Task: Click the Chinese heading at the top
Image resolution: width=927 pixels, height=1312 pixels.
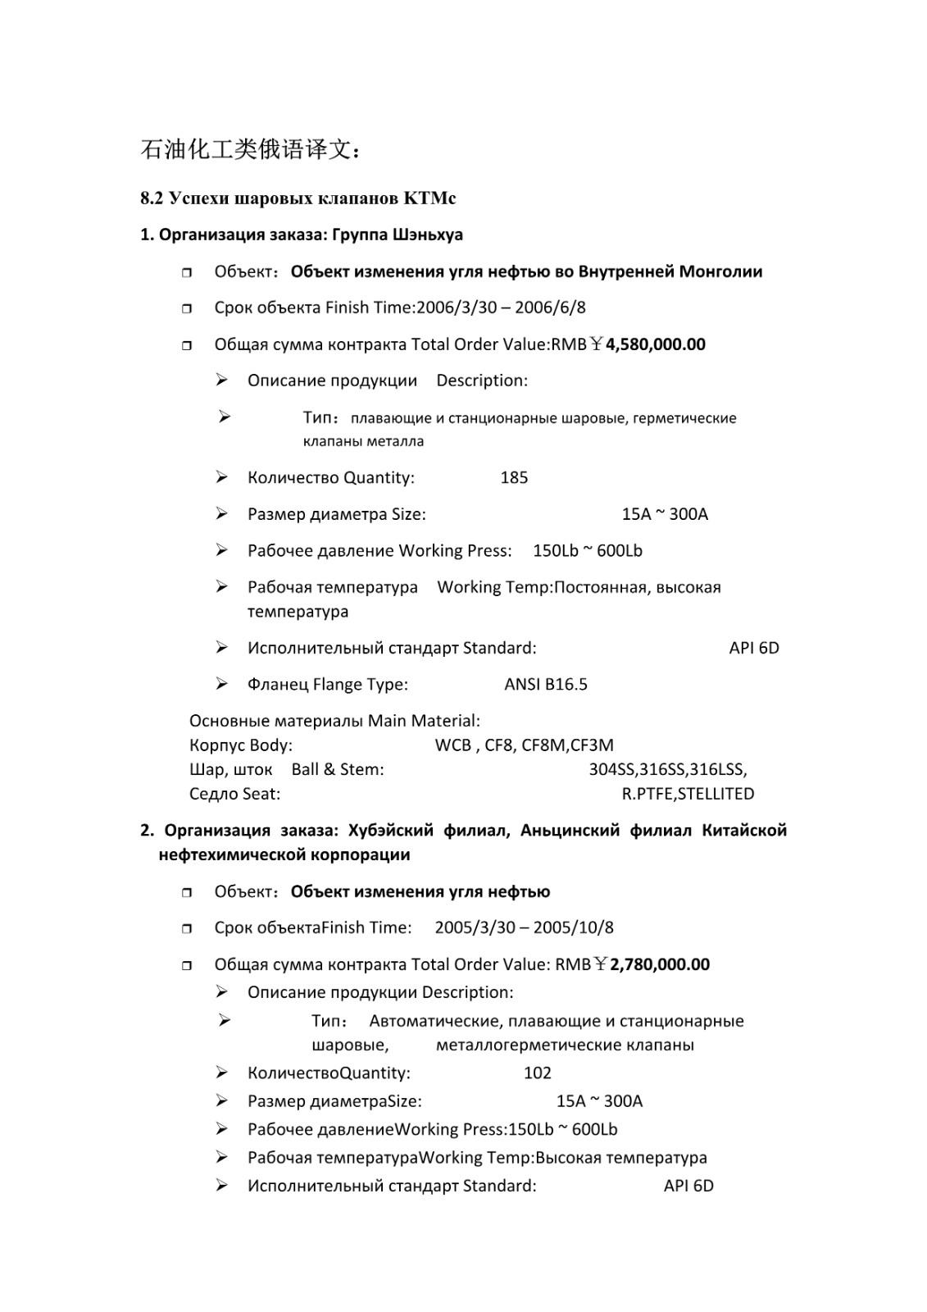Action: click(x=249, y=150)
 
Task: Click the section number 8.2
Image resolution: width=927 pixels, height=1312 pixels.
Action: click(x=152, y=198)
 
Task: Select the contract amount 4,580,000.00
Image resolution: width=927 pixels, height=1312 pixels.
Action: click(x=655, y=344)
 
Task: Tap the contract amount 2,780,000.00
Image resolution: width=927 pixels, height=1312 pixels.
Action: click(x=660, y=964)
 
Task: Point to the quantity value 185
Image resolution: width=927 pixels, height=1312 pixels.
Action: click(x=514, y=478)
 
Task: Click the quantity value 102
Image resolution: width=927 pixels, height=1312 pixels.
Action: click(x=537, y=1073)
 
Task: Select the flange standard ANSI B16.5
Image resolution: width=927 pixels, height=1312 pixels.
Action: click(x=545, y=685)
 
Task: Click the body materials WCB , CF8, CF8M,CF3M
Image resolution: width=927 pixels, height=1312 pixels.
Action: click(x=524, y=745)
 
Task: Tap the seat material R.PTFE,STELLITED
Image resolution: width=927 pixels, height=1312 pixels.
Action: click(x=688, y=794)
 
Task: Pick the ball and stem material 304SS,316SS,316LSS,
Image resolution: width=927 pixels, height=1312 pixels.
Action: click(x=667, y=770)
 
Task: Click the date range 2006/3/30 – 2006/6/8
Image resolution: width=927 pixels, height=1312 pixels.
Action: click(x=501, y=308)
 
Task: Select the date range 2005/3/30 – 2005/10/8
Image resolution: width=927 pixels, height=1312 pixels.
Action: click(x=524, y=928)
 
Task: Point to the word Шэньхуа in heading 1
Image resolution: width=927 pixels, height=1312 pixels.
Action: click(x=428, y=235)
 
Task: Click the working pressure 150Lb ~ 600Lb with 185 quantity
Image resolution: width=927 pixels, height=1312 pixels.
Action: click(x=587, y=551)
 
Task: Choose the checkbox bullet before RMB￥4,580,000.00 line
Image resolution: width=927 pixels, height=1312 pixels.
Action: click(x=187, y=345)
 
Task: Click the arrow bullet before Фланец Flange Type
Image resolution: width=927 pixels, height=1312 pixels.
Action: click(x=221, y=684)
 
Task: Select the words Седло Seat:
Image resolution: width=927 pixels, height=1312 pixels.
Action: click(x=234, y=794)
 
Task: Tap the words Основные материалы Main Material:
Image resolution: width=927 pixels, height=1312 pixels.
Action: click(x=334, y=721)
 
